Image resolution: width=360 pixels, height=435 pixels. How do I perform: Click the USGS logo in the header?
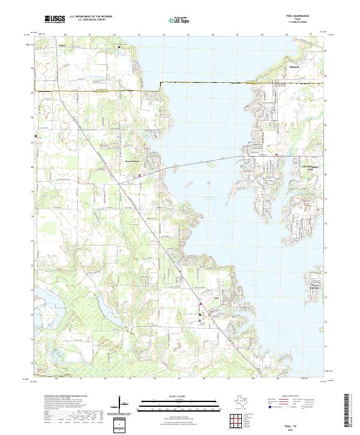pos(54,20)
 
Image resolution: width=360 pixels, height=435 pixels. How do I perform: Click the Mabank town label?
pos(294,67)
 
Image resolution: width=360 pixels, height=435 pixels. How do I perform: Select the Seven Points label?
pos(132,162)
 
